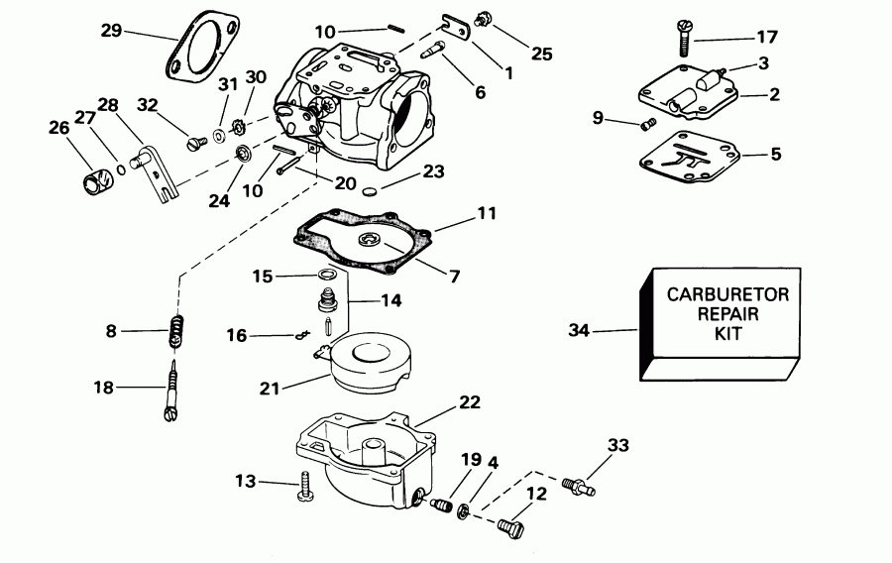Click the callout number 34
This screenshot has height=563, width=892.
click(x=578, y=330)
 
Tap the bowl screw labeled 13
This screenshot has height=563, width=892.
click(x=305, y=486)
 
